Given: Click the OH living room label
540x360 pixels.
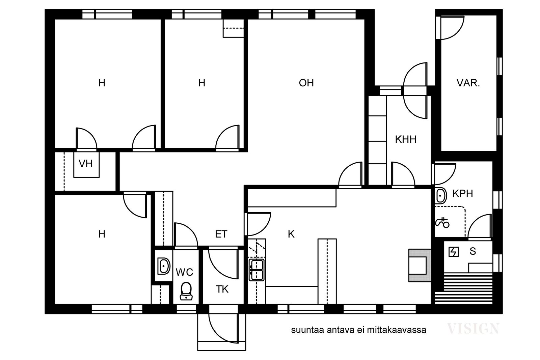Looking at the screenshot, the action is coord(306,83).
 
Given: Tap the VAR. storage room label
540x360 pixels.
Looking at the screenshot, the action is coord(468,83).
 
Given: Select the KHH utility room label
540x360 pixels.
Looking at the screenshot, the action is coord(406,140).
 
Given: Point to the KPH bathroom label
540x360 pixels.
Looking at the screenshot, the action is coord(463,193).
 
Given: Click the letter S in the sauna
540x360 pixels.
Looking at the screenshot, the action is coord(473,251).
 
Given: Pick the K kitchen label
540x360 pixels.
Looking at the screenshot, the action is coord(291,234).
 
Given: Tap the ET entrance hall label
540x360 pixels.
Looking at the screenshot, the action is coord(221,234).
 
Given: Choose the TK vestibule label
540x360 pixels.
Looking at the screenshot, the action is coord(222,289).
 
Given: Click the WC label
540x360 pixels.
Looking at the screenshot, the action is coord(184,272).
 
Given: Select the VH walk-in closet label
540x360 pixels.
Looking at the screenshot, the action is coord(86,164).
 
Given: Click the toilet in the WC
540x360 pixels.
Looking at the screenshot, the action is coord(186,291).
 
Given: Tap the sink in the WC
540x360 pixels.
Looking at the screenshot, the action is coord(164,266).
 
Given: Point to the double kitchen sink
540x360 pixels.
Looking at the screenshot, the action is coord(256,270).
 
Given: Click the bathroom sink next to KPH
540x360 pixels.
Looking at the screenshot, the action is coord(441,195).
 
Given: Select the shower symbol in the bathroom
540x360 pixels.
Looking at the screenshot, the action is coord(442,223).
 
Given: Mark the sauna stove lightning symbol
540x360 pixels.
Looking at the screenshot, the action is coord(454,252).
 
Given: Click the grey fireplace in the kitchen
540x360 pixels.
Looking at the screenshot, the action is coord(420,265).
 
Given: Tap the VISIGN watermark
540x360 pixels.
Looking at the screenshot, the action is coord(473,329).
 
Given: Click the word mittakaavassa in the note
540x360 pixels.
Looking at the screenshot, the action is coord(397,330).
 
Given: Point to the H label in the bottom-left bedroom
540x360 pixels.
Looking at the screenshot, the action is coord(102,234).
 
